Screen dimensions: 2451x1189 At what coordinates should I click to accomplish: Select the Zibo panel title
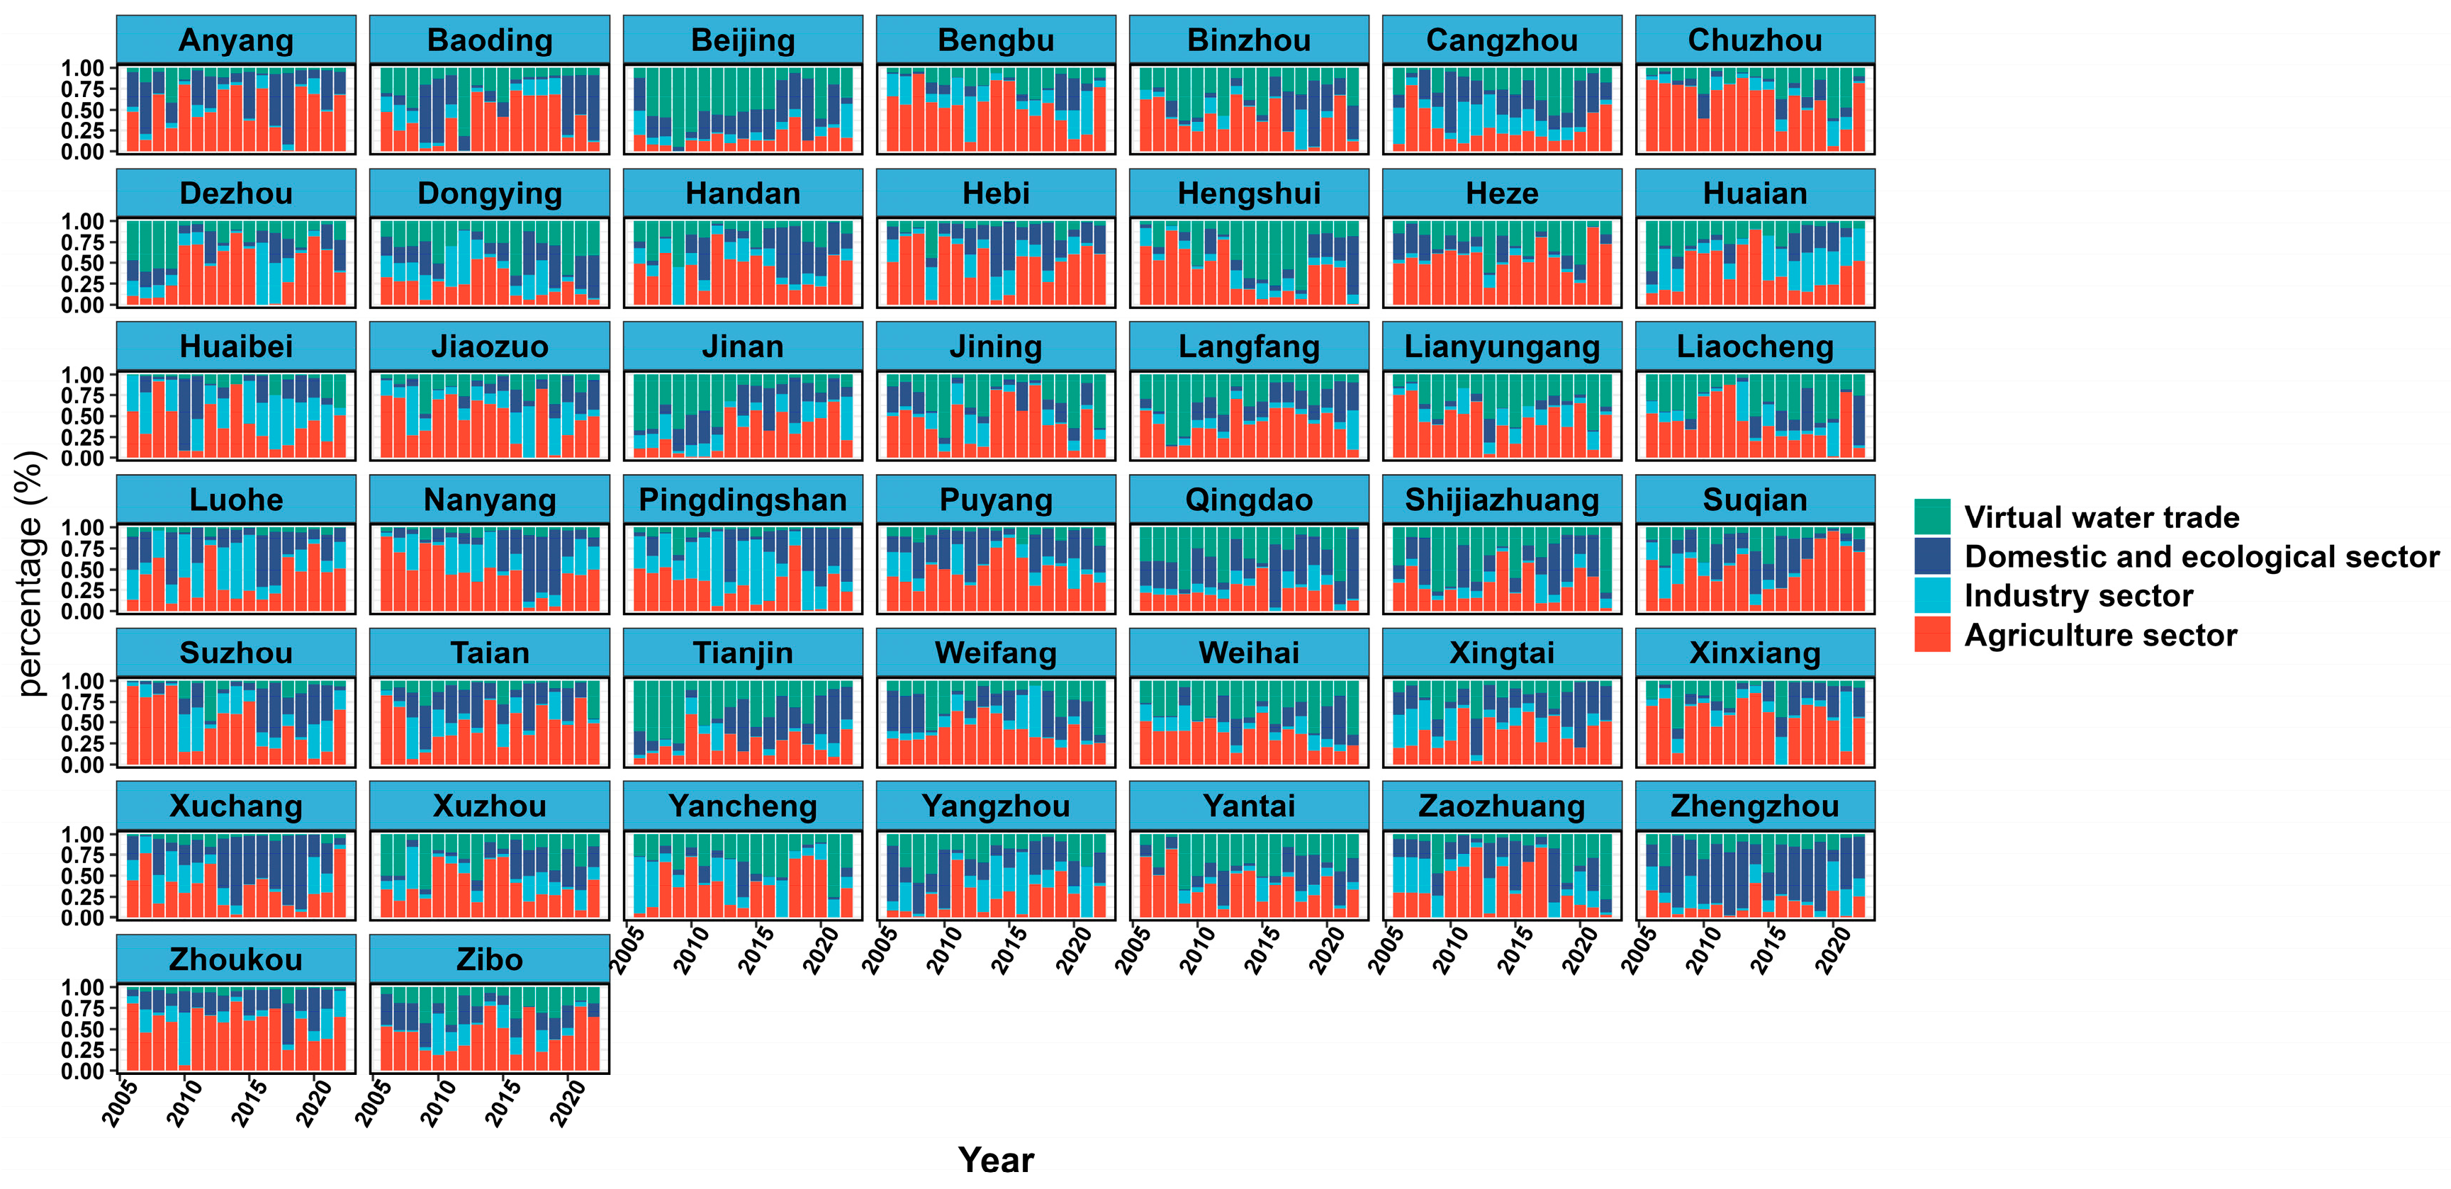tap(489, 959)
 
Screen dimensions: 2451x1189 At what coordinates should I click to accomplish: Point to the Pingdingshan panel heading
tap(742, 500)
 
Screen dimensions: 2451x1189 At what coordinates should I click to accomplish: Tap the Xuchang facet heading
tap(236, 806)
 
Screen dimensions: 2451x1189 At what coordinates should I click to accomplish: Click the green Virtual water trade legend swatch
tap(1931, 517)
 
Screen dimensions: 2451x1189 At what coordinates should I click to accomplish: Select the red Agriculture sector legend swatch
tap(1931, 634)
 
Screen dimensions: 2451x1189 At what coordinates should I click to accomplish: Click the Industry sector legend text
tap(2078, 595)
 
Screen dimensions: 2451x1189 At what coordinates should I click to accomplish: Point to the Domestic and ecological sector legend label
tap(2202, 556)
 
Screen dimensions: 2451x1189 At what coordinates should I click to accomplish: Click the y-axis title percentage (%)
tap(30, 573)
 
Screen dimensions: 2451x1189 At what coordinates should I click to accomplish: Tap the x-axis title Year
tap(996, 1159)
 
